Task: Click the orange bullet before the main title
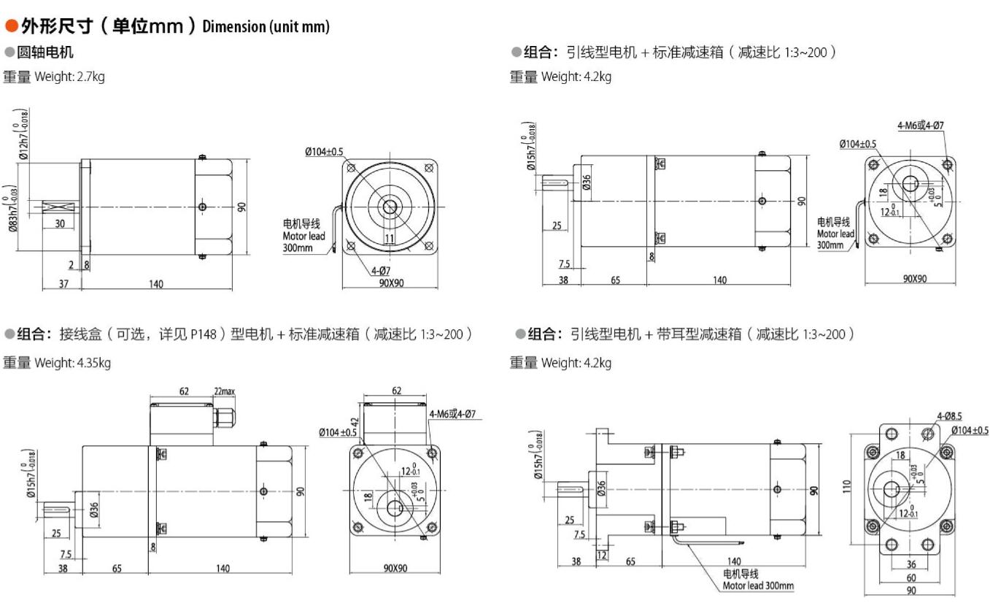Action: (12, 27)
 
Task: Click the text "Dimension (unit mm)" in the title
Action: (266, 28)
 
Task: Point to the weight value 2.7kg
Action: (90, 77)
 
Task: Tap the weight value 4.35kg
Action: (93, 363)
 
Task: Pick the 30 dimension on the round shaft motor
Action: (59, 223)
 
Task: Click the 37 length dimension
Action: (63, 284)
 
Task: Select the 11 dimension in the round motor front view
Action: (390, 238)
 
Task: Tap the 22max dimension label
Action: (224, 392)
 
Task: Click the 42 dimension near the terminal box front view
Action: (355, 423)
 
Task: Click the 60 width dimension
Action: (911, 577)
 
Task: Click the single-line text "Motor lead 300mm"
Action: (758, 585)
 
